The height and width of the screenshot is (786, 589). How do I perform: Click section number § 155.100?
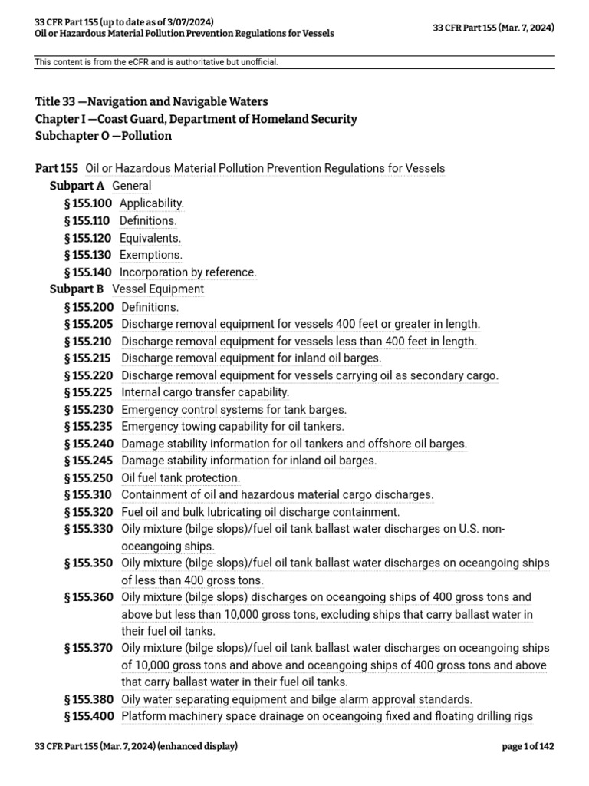pyautogui.click(x=88, y=203)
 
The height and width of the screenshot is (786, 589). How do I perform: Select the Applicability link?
pyautogui.click(x=152, y=203)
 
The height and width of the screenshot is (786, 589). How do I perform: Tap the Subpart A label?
pyautogui.click(x=77, y=186)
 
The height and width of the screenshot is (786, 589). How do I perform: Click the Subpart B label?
pyautogui.click(x=77, y=289)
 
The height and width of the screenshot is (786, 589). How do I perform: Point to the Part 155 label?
pyautogui.click(x=57, y=168)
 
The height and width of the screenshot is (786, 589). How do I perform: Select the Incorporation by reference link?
pyautogui.click(x=188, y=272)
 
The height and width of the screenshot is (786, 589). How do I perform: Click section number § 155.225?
pyautogui.click(x=89, y=392)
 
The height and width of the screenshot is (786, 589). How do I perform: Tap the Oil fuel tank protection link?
pyautogui.click(x=180, y=478)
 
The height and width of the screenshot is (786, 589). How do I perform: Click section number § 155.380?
pyautogui.click(x=89, y=699)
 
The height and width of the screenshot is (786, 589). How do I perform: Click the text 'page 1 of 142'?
pyautogui.click(x=528, y=746)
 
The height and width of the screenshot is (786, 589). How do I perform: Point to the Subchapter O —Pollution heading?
pyautogui.click(x=104, y=136)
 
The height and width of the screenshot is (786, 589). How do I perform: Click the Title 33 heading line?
pyautogui.click(x=152, y=101)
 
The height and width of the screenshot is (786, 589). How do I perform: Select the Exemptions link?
pyautogui.click(x=151, y=255)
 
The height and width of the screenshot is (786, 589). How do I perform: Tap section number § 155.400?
pyautogui.click(x=89, y=717)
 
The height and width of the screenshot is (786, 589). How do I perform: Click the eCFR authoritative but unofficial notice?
pyautogui.click(x=156, y=62)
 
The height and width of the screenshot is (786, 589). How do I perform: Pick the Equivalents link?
pyautogui.click(x=150, y=238)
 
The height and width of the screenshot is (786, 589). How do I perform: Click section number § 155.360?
pyautogui.click(x=89, y=597)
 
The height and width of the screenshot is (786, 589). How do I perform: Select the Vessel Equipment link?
pyautogui.click(x=158, y=289)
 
